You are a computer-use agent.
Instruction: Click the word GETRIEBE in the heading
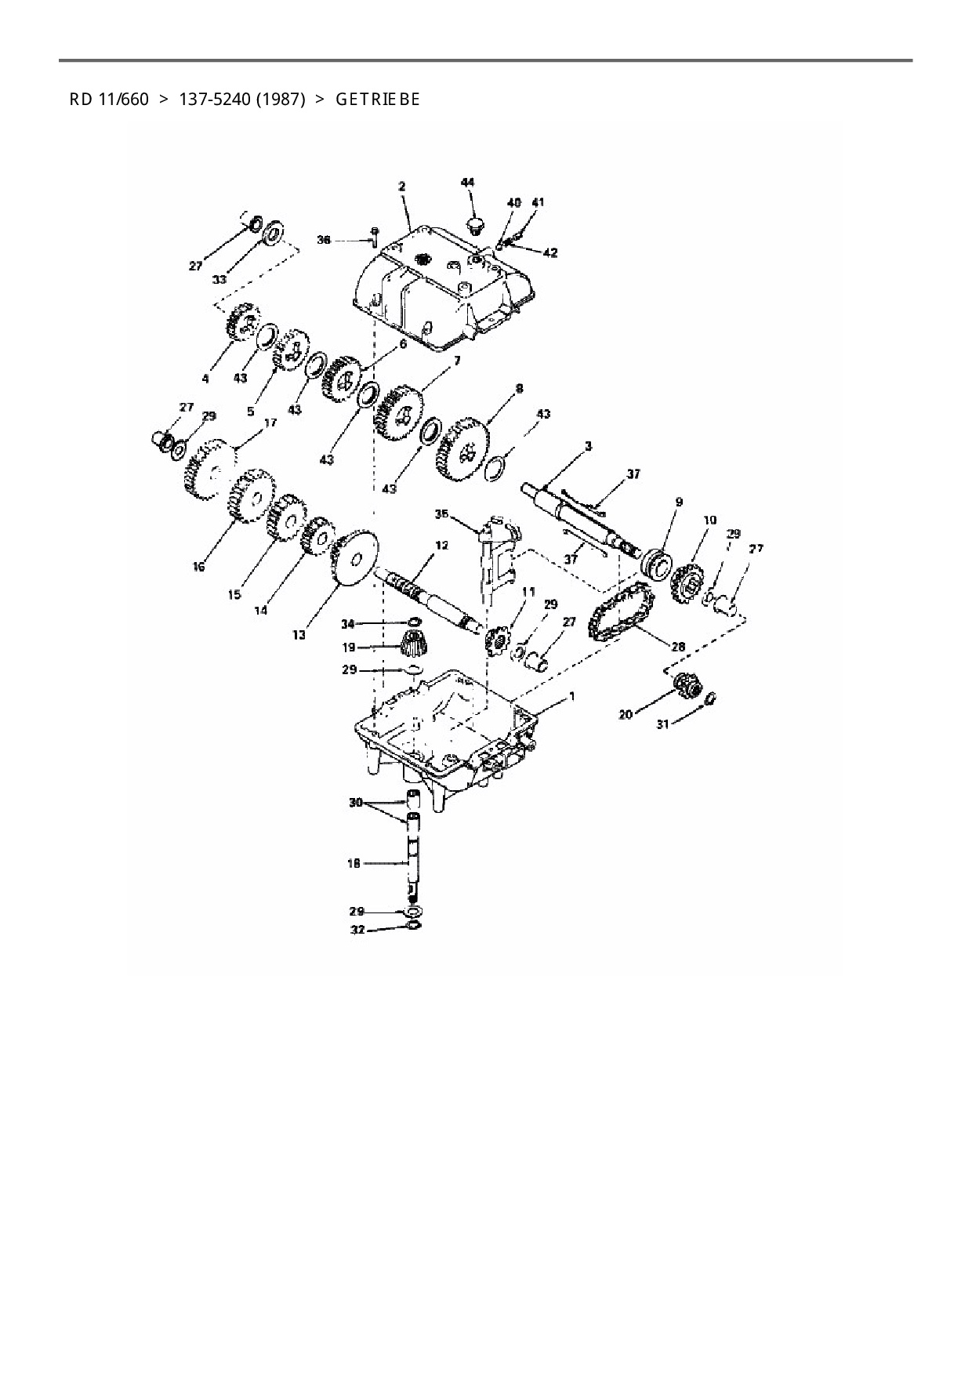pyautogui.click(x=378, y=100)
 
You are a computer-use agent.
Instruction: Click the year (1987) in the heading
pyautogui.click(x=280, y=100)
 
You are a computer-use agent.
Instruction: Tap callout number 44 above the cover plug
pyautogui.click(x=467, y=183)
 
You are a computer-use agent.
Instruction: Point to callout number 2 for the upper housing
pyautogui.click(x=401, y=187)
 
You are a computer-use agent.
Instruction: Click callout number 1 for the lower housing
pyautogui.click(x=571, y=695)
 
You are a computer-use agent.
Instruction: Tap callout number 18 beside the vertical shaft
pyautogui.click(x=354, y=863)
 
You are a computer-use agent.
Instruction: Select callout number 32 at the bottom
pyautogui.click(x=357, y=931)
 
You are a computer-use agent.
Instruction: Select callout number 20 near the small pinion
pyautogui.click(x=626, y=714)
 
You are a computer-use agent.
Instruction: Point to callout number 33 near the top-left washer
pyautogui.click(x=219, y=280)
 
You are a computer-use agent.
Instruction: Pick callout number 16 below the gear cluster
pyautogui.click(x=198, y=566)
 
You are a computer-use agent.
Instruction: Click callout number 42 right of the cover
pyautogui.click(x=550, y=252)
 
